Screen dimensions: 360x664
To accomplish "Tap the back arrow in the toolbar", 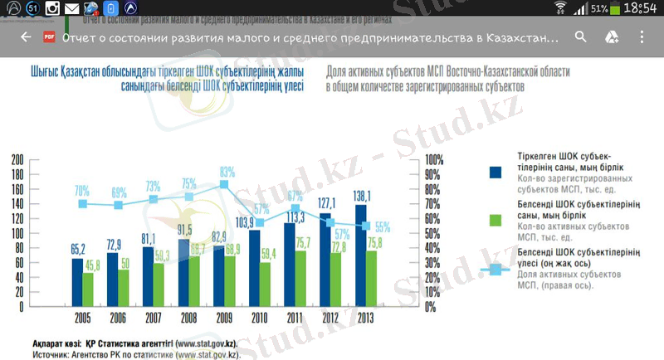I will pyautogui.click(x=26, y=37).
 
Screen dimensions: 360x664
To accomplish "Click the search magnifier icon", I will pyautogui.click(x=580, y=37).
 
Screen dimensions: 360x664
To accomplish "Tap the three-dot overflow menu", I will pyautogui.click(x=642, y=37).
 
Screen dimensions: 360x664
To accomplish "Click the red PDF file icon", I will pyautogui.click(x=49, y=37).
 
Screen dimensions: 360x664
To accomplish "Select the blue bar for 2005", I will pyautogui.click(x=77, y=282).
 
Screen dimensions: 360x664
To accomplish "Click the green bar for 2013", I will pyautogui.click(x=371, y=278).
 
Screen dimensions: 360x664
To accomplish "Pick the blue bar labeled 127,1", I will pyautogui.click(x=325, y=259).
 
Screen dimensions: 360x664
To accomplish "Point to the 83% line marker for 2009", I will pyautogui.click(x=224, y=184).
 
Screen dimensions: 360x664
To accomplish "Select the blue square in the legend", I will pyautogui.click(x=496, y=172).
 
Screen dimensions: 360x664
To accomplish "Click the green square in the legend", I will pyautogui.click(x=496, y=220).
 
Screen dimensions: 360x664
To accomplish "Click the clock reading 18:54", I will pyautogui.click(x=642, y=10).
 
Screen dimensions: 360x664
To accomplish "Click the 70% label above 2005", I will pyautogui.click(x=82, y=190).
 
